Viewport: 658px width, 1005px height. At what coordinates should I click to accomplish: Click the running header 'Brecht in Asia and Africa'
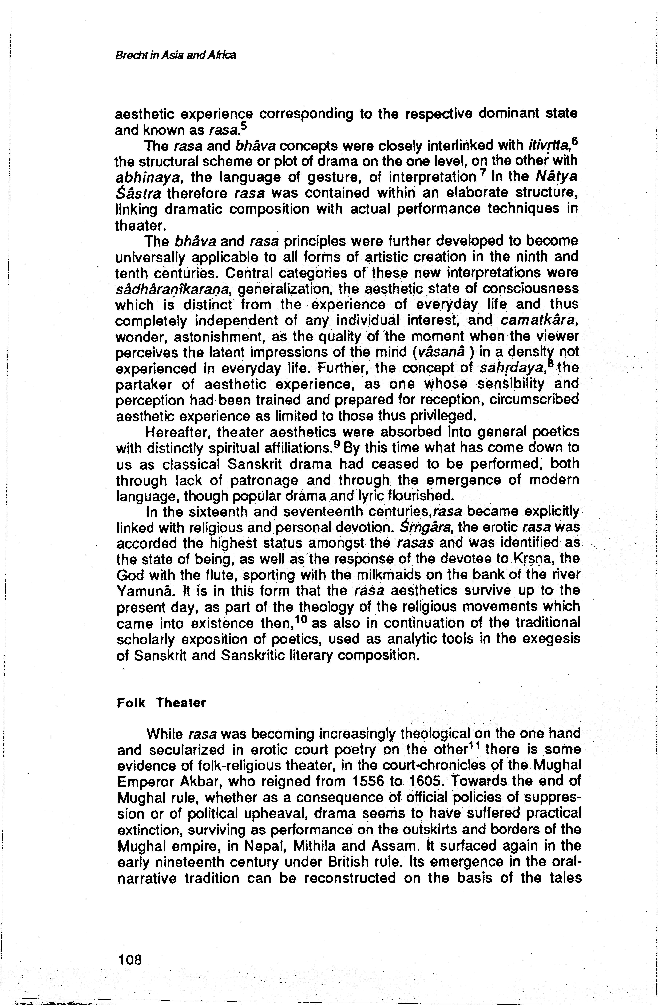coord(175,55)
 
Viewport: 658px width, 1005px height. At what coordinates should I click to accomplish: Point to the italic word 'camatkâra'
coord(538,321)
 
